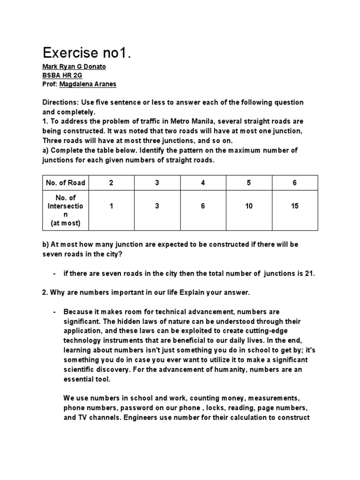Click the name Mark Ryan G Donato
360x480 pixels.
pos(74,67)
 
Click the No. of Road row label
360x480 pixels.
pos(65,183)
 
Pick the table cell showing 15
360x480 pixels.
pos(294,206)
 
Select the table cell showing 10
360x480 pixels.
pos(248,206)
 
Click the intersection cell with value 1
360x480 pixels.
pos(111,206)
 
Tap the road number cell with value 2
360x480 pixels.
pos(111,183)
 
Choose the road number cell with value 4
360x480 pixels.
pos(202,183)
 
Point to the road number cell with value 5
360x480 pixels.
pos(248,183)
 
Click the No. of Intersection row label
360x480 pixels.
pos(65,210)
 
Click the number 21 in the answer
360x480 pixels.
pos(309,274)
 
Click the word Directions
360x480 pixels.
pos(60,103)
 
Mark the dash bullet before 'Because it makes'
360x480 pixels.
pos(55,312)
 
